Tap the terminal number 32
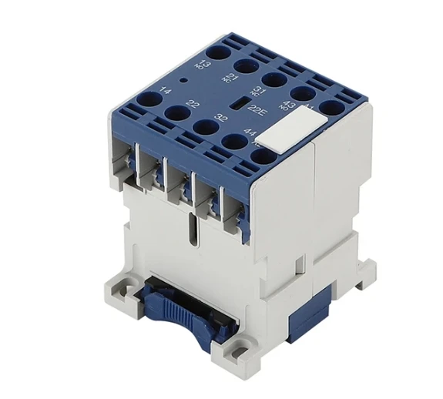(222, 119)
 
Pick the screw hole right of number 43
(332, 108)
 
